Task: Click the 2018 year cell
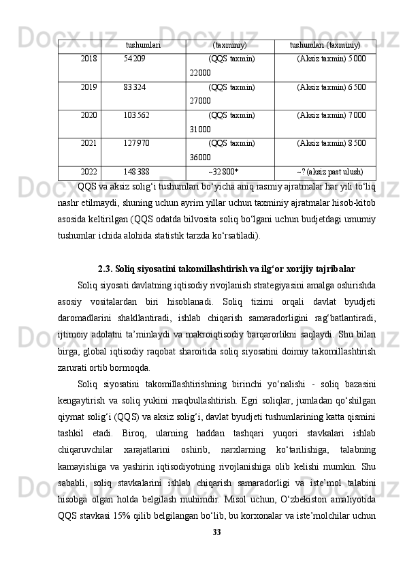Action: point(88,59)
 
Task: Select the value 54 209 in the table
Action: point(134,59)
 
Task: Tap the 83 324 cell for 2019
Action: point(134,87)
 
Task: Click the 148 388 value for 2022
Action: point(136,171)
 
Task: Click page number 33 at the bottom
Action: point(217,550)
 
